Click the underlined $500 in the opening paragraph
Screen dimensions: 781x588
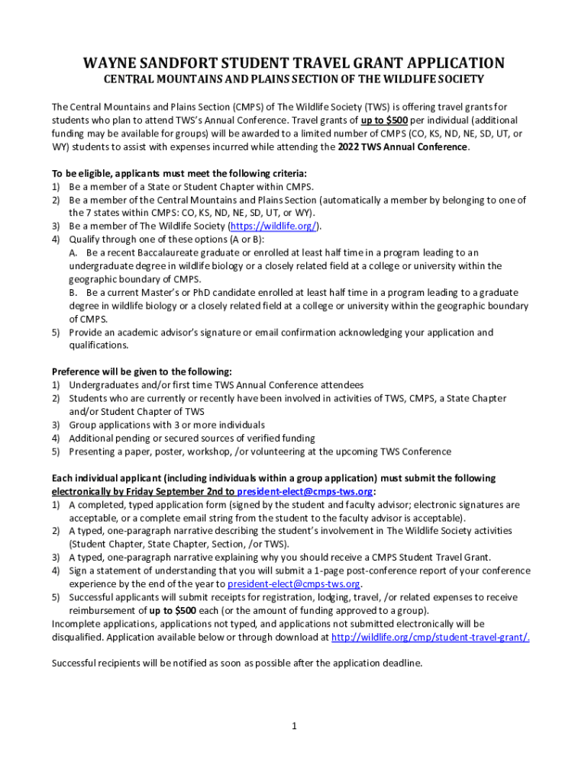point(394,121)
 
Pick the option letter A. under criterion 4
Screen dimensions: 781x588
point(73,252)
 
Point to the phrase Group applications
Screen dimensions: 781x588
point(110,425)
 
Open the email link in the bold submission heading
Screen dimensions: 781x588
point(305,492)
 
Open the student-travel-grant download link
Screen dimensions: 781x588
point(431,637)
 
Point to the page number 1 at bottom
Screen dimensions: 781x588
point(294,725)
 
